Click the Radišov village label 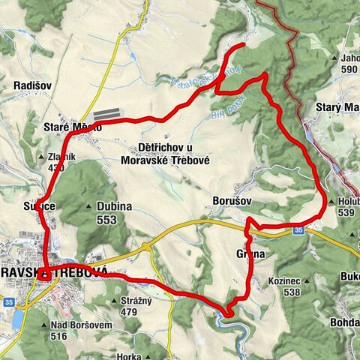coord(32,86)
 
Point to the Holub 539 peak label coord(346,206)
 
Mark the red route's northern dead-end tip coord(244,46)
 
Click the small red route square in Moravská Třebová coord(44,273)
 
